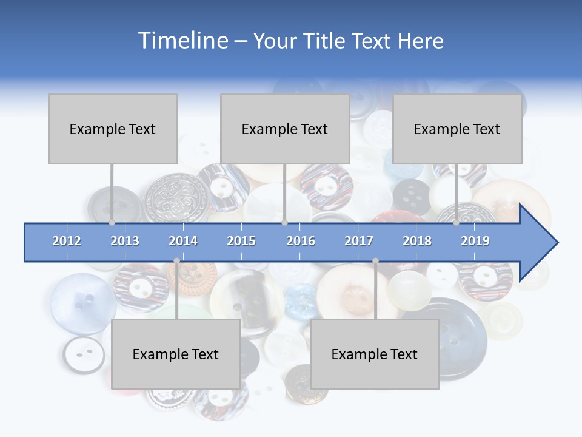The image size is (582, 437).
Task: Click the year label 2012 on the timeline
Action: click(67, 241)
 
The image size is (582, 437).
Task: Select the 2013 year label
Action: click(125, 241)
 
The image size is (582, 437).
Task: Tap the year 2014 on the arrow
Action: click(183, 241)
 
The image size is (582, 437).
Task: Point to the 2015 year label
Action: click(241, 241)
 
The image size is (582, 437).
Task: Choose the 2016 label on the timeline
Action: click(301, 241)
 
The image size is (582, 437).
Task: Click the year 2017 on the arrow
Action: click(359, 241)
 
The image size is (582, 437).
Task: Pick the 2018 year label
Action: click(417, 241)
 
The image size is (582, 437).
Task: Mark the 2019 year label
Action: click(475, 241)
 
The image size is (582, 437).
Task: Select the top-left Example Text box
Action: click(113, 129)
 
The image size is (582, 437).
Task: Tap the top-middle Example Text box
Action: click(285, 129)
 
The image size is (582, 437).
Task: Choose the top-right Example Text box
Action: click(457, 129)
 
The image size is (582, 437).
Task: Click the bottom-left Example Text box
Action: click(176, 354)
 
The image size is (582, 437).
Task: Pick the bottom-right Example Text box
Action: click(375, 354)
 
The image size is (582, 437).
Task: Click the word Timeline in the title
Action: click(182, 41)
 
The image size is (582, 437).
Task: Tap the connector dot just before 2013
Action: click(112, 223)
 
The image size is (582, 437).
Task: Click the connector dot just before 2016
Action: click(284, 223)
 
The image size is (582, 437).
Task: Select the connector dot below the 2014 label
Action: click(176, 261)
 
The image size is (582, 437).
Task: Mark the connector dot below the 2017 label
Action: click(375, 261)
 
